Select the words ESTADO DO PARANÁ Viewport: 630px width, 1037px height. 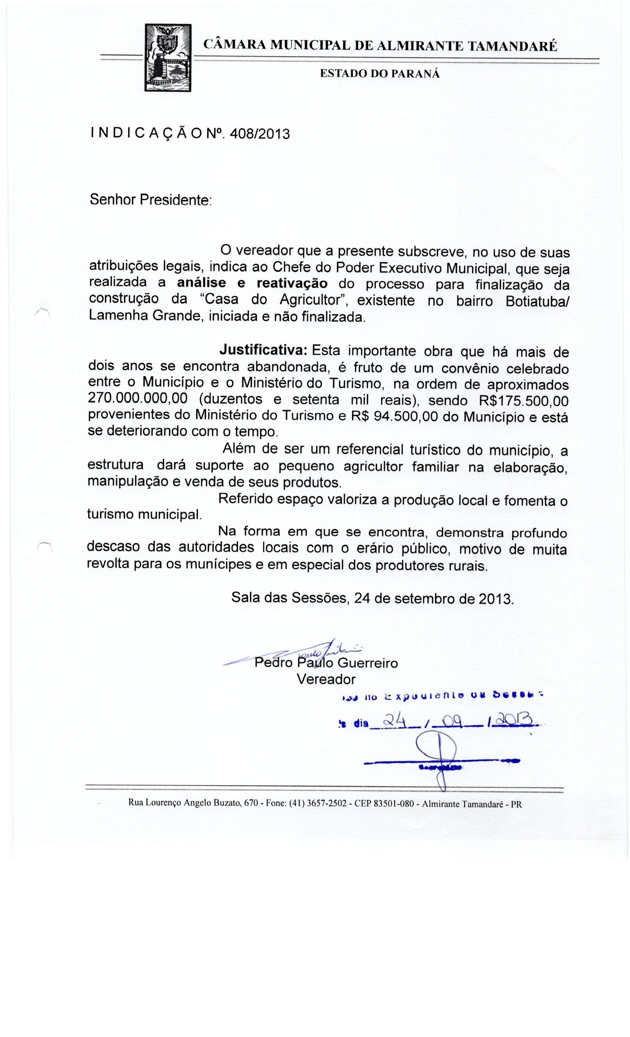point(379,74)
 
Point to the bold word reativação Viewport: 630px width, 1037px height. point(292,283)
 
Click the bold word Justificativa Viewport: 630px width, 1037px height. point(265,350)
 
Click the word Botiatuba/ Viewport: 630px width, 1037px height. point(537,302)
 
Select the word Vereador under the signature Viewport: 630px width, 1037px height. point(326,679)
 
